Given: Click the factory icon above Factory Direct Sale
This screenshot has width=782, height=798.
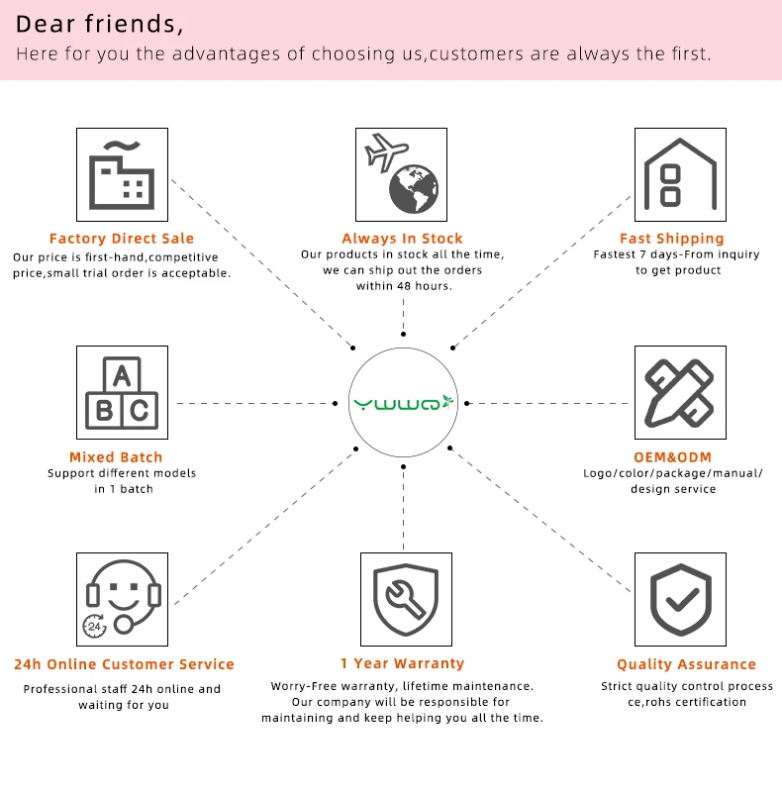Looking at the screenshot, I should point(122,174).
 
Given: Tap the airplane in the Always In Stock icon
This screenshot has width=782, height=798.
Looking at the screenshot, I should point(386,152).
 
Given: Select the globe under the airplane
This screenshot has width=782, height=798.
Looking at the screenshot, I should point(414,189).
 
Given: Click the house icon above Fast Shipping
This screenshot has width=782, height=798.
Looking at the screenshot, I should point(680,173).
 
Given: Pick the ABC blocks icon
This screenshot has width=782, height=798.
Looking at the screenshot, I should point(122,392).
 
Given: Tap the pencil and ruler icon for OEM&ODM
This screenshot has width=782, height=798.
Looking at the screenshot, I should point(680,392).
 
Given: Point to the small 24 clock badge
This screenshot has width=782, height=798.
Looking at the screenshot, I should point(96,626).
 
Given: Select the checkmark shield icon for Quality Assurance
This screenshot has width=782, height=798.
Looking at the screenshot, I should point(680,598).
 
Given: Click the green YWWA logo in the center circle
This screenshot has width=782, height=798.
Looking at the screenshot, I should point(403,402).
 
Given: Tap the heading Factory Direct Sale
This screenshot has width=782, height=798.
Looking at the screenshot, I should point(122,239).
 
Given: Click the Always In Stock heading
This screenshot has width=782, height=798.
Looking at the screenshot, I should point(402,239).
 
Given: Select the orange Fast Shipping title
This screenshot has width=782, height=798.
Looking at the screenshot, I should point(672,239).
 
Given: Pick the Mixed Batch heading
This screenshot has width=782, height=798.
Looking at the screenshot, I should point(116,457).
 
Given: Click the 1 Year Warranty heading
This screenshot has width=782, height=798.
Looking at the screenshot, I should point(402,663).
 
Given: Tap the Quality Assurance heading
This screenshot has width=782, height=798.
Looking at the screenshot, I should point(686,664).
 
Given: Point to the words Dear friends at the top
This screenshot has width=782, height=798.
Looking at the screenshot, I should point(100,23).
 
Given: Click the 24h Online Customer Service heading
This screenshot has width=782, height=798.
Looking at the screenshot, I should point(124,664).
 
